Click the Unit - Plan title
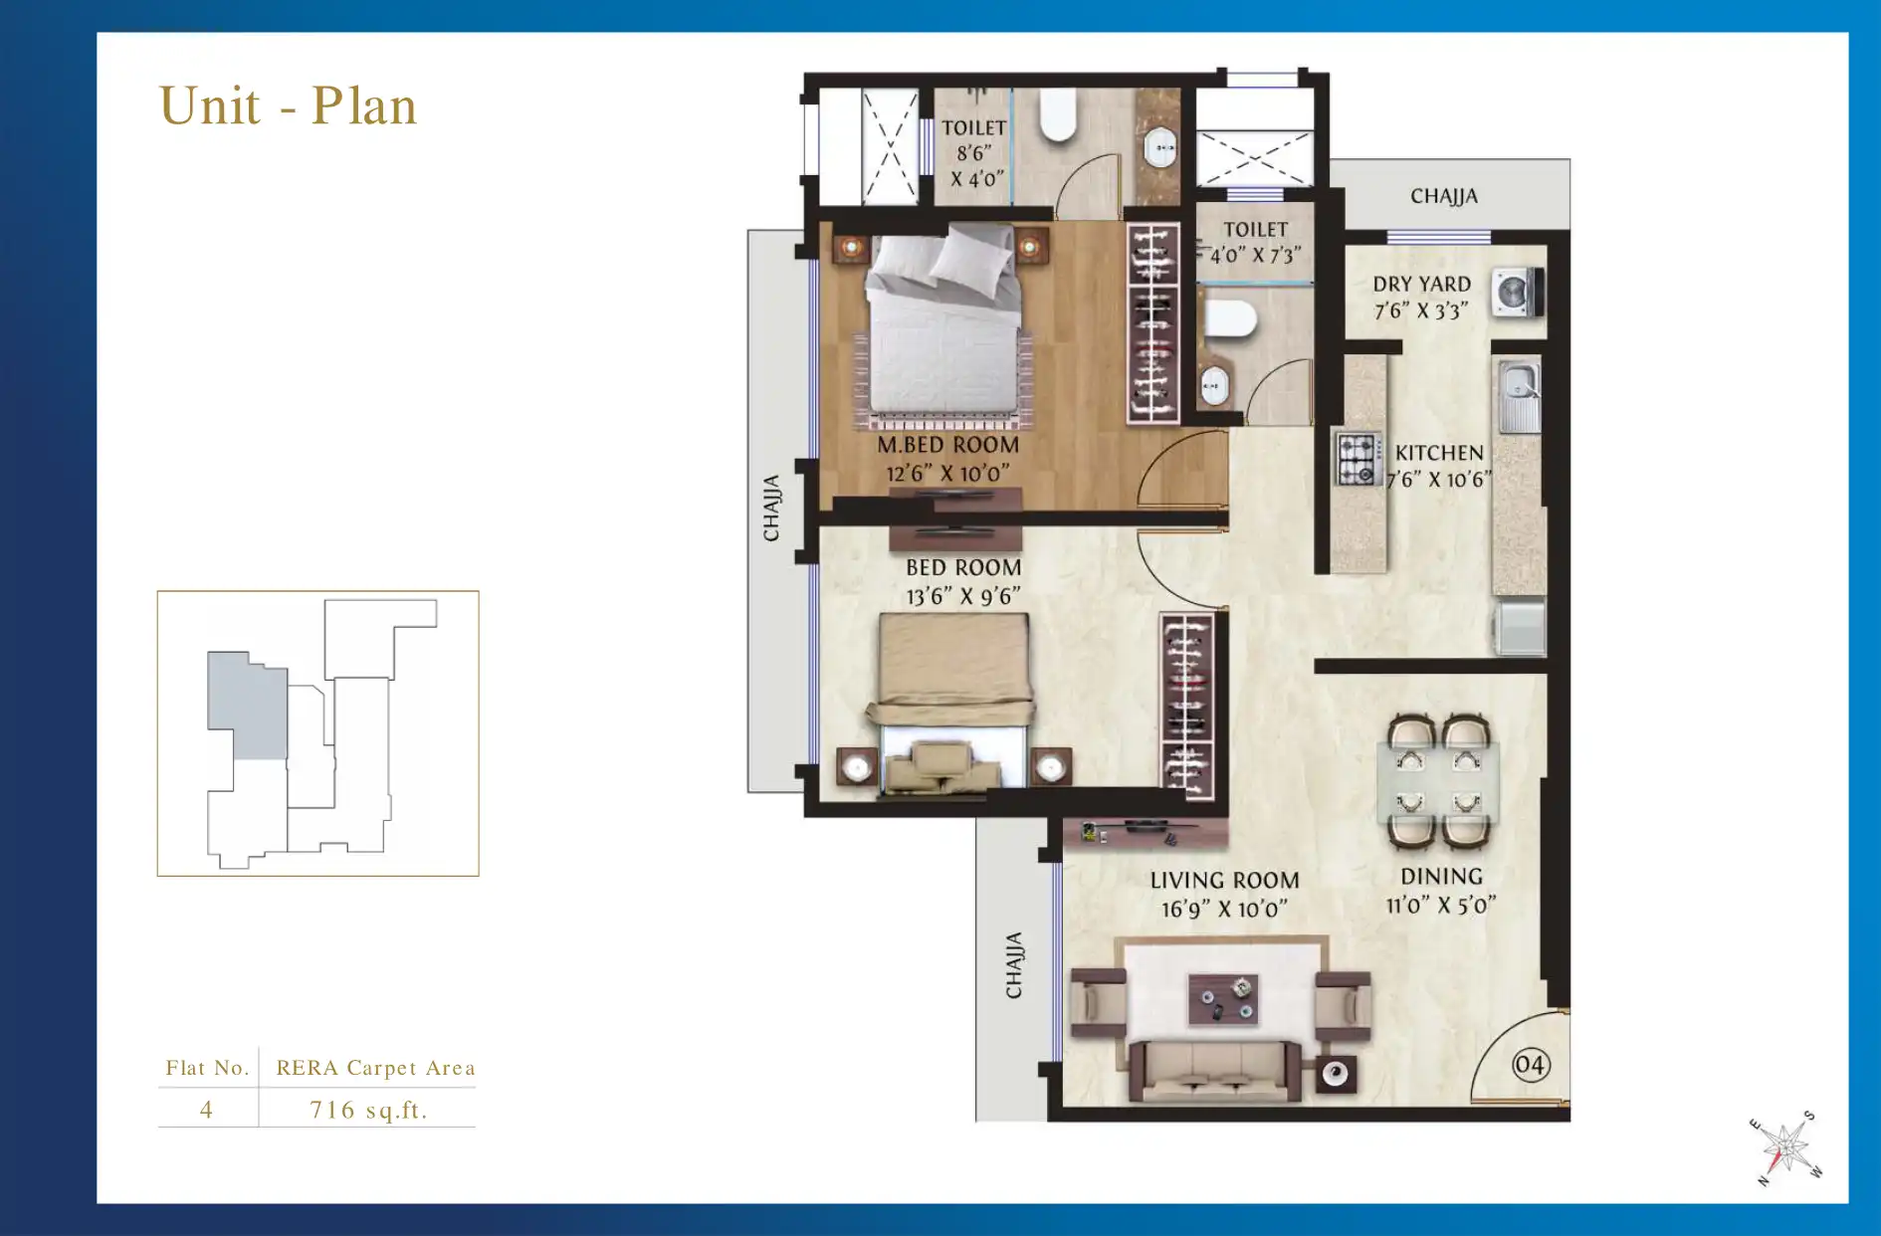click(288, 105)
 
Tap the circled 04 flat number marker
click(1530, 1066)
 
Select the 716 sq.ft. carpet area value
click(368, 1110)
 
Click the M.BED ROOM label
click(947, 445)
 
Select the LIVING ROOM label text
click(1224, 881)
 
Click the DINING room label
click(1441, 877)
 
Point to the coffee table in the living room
click(1223, 999)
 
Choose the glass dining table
click(1438, 782)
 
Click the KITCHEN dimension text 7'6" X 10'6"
click(1439, 480)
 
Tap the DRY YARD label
click(1421, 285)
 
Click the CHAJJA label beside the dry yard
click(1443, 196)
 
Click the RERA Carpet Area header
click(375, 1068)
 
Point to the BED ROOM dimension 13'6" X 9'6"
click(963, 596)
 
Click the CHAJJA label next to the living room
click(1013, 965)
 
